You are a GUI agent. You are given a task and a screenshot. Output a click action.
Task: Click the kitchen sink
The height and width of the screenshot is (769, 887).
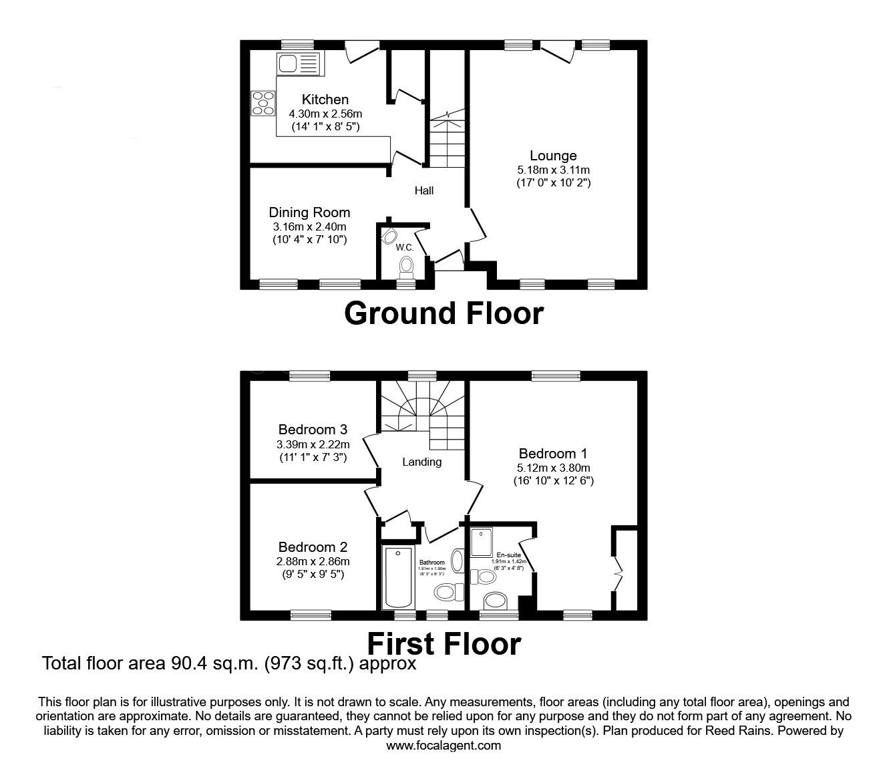[x=298, y=64]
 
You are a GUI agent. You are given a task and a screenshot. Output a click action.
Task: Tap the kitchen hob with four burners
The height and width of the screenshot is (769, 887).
[x=262, y=104]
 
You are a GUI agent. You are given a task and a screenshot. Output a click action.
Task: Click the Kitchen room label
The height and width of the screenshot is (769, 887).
[x=325, y=100]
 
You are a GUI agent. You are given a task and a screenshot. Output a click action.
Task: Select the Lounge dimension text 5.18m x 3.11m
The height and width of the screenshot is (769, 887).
[x=552, y=170]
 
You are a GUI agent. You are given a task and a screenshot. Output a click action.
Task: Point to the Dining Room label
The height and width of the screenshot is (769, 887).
[x=309, y=212]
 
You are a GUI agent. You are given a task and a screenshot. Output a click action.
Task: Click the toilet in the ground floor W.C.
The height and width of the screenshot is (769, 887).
[x=405, y=268]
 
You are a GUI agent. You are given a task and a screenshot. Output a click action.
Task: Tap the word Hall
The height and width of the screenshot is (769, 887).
[x=424, y=190]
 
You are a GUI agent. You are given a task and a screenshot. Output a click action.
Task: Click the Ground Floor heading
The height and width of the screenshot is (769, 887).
[x=443, y=313]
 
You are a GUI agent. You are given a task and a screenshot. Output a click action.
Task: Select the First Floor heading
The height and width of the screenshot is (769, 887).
[x=443, y=644]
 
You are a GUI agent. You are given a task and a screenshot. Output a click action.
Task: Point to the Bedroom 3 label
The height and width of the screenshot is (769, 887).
[x=313, y=429]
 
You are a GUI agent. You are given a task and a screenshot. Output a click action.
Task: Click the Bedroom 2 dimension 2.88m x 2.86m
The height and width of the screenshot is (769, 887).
[x=313, y=561]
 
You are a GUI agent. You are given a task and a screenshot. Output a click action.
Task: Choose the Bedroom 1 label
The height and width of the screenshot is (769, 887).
[x=552, y=454]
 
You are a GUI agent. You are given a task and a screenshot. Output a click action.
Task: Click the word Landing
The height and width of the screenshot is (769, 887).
[x=421, y=462]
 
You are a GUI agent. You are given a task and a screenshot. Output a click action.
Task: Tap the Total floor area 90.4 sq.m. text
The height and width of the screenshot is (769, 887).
[x=229, y=663]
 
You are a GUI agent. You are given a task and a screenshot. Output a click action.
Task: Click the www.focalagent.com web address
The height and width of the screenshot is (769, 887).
[x=443, y=746]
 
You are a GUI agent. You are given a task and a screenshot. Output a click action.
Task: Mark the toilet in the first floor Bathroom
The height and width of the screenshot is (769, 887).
[x=449, y=591]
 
